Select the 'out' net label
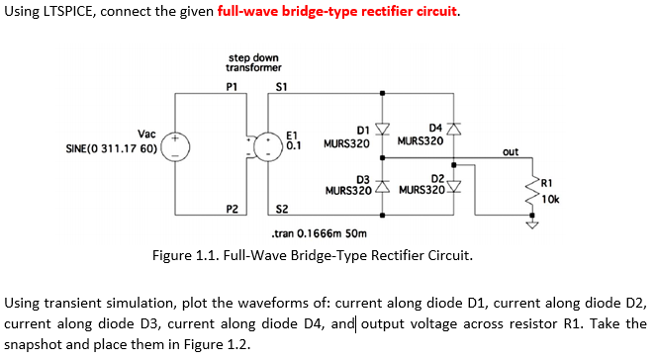pyautogui.click(x=510, y=152)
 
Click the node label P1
pyautogui.click(x=232, y=86)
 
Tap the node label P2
pyautogui.click(x=232, y=209)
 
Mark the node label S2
pyautogui.click(x=282, y=209)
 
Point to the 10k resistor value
pyautogui.click(x=550, y=199)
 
